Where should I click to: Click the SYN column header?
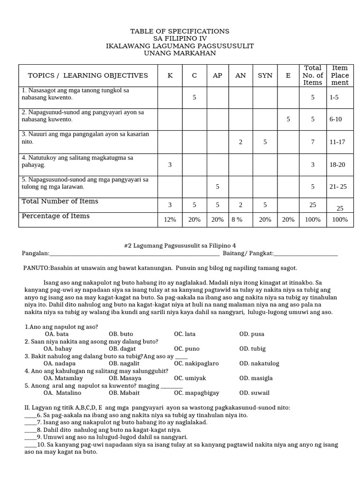265,75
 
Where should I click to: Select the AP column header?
217,75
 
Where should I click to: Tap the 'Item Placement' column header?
340,75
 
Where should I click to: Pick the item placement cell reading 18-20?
337,165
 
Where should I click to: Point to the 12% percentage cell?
170,220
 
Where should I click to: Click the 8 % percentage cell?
237,220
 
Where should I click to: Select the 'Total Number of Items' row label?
60,202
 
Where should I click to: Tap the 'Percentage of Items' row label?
55,216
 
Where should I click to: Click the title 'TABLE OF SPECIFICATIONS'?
180,31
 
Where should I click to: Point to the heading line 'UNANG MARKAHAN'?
180,53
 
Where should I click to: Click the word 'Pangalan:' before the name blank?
35,254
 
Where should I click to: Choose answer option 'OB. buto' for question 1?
121,334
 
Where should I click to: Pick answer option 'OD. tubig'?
252,349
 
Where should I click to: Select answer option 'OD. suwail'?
252,393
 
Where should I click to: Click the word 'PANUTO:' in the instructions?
37,268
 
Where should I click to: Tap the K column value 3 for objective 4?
170,165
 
